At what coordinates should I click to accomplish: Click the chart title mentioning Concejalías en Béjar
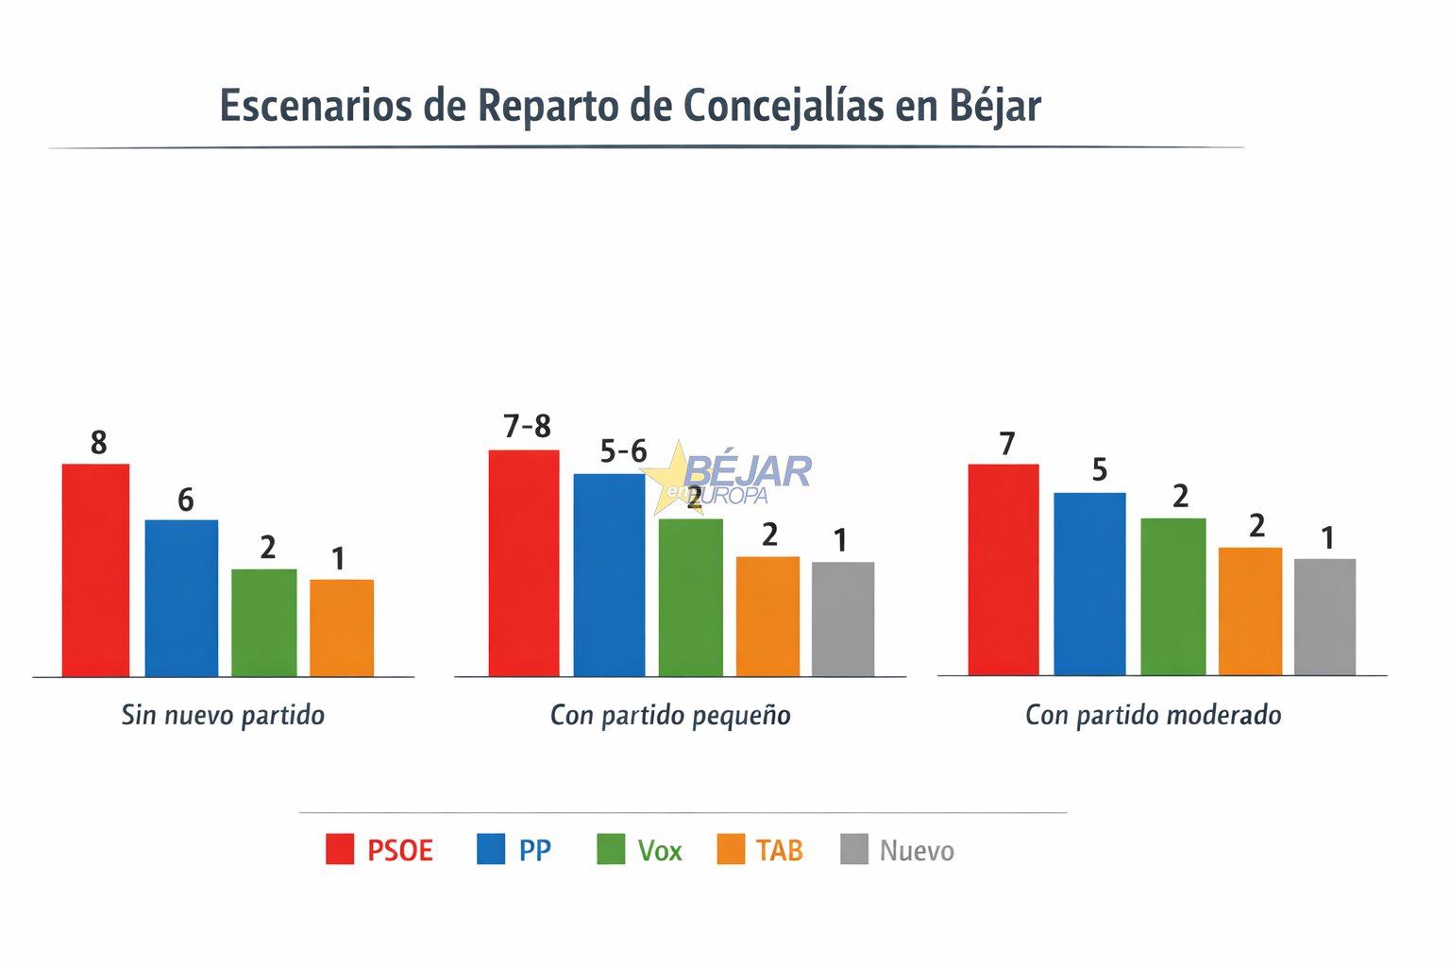point(630,106)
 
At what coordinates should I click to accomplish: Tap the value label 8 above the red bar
point(99,443)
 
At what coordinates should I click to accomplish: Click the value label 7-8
point(528,428)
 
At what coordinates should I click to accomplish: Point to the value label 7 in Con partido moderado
point(1007,444)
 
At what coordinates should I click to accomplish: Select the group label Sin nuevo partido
point(223,716)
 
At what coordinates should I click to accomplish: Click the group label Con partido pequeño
point(670,716)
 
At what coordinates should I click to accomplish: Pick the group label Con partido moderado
point(1154,716)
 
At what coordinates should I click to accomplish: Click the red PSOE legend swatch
point(340,850)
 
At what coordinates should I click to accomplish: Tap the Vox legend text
point(660,852)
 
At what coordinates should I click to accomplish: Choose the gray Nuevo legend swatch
point(854,850)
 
